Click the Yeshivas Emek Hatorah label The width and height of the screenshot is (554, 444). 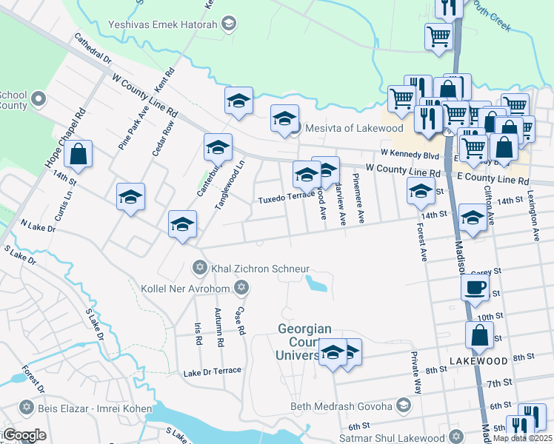click(x=170, y=24)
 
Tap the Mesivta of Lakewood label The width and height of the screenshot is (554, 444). click(x=344, y=127)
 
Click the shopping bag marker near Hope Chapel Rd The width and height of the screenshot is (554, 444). click(x=78, y=154)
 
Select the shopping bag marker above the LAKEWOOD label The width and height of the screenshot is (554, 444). click(x=479, y=336)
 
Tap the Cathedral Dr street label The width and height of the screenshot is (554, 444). click(x=92, y=47)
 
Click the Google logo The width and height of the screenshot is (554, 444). click(x=24, y=435)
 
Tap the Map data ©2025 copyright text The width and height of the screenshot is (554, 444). click(x=521, y=438)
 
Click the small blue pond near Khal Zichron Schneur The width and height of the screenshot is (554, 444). click(x=318, y=283)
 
